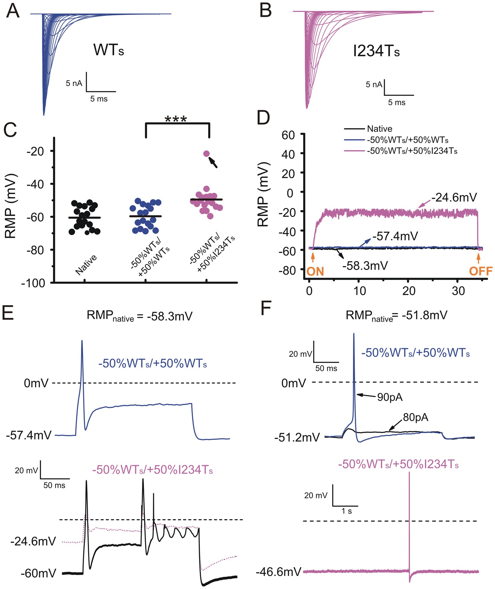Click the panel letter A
(x=13, y=12)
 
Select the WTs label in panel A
(x=109, y=50)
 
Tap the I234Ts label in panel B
(x=376, y=51)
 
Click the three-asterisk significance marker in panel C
(x=176, y=119)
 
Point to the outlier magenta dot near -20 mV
(x=206, y=154)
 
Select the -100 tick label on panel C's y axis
(x=33, y=283)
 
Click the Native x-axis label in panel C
(x=86, y=264)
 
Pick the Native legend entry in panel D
(x=379, y=129)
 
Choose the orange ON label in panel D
(x=315, y=272)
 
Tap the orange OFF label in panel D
(x=481, y=271)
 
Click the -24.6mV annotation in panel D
(x=454, y=197)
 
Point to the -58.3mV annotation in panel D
(x=365, y=266)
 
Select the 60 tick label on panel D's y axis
(x=288, y=135)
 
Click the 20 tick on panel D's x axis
(x=409, y=291)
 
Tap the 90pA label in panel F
(x=390, y=397)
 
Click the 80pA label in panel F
(x=415, y=417)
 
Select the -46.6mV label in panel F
(x=278, y=572)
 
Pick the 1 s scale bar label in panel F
(x=346, y=511)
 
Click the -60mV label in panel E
(x=38, y=573)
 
